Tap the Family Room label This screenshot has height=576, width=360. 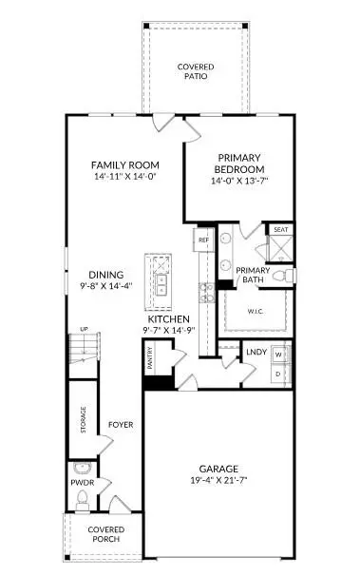click(123, 163)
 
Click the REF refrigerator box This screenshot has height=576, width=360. click(203, 240)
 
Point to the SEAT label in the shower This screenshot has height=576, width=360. click(280, 230)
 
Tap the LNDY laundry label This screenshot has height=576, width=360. click(256, 353)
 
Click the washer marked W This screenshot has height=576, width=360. click(278, 355)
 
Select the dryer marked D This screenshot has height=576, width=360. click(278, 373)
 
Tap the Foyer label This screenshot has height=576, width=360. click(120, 425)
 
